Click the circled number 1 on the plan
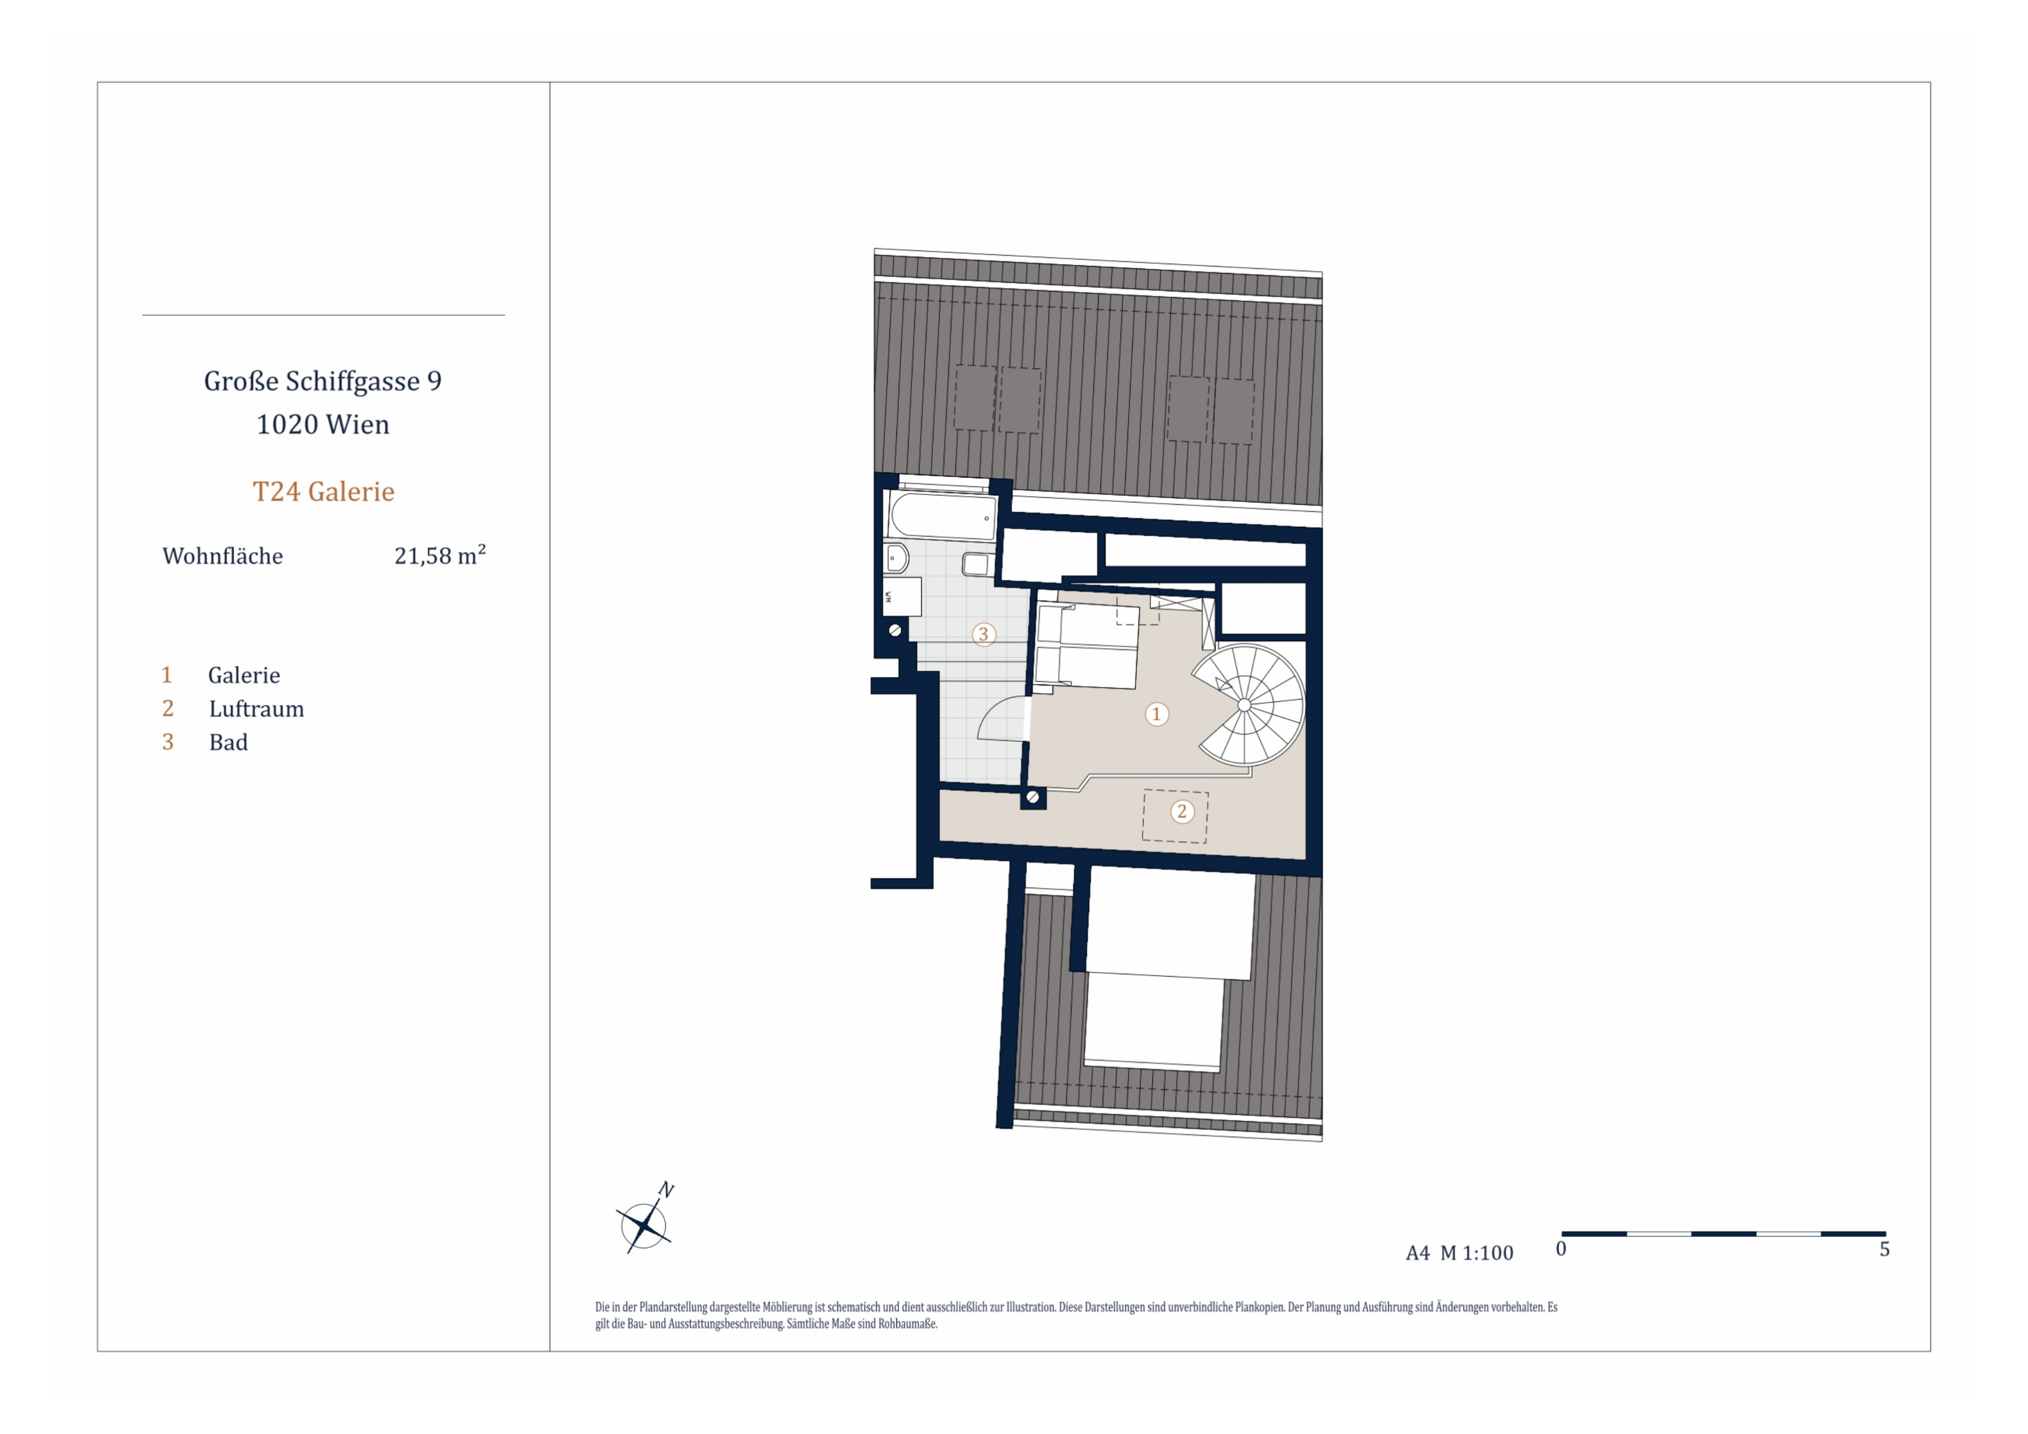1156,714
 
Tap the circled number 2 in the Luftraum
1182,811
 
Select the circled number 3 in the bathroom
983,634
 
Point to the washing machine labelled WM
902,596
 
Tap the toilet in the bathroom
896,558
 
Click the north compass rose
644,1225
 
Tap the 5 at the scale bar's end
1884,1249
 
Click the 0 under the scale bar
1561,1249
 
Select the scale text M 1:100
1477,1253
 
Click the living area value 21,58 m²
440,555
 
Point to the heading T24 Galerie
323,492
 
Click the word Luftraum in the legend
256,709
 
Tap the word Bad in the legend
228,742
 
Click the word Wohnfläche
223,556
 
